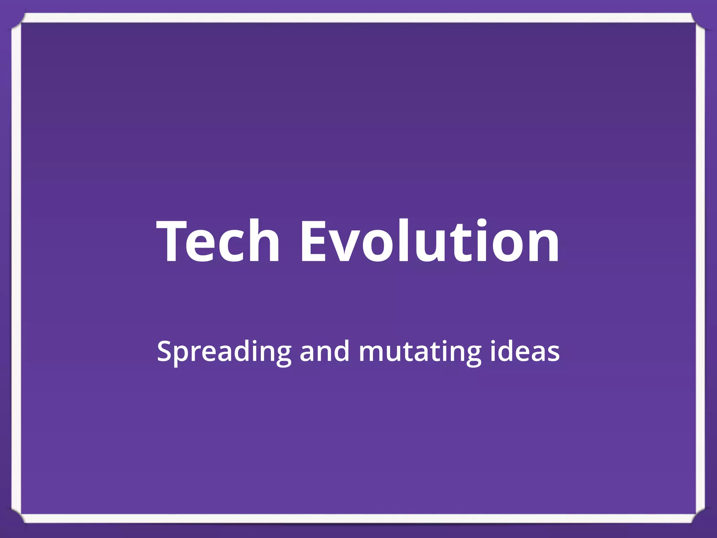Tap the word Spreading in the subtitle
[x=224, y=351]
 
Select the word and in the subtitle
[x=324, y=351]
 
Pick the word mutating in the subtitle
[x=419, y=351]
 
